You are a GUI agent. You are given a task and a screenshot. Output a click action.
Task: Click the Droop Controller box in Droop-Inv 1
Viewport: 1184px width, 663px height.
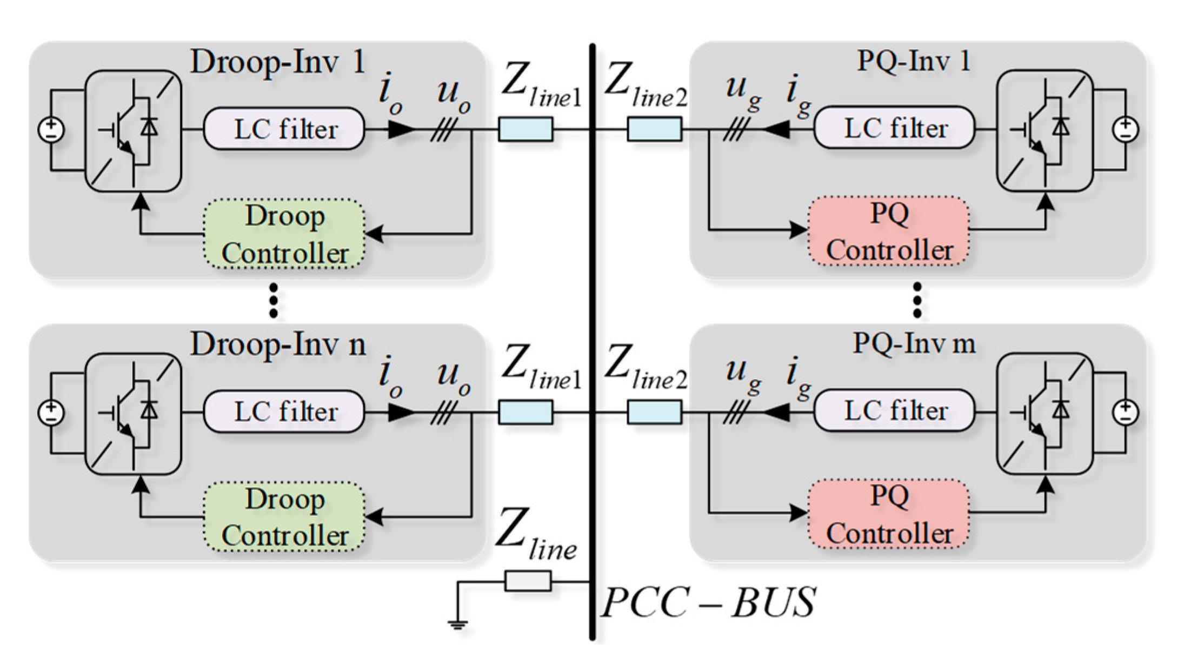coord(284,234)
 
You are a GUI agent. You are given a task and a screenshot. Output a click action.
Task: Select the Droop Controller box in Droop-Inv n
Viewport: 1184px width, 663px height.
coord(284,517)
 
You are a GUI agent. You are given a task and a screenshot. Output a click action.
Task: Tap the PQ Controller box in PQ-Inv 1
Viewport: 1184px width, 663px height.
coord(889,231)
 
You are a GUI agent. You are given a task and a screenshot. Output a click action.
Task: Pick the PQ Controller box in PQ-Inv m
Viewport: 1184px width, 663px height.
coord(889,514)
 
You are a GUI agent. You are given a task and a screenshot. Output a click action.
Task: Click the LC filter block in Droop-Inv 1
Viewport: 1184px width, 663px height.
coord(284,129)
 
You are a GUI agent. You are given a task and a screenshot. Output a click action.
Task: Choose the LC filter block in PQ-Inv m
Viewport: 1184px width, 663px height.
coord(895,411)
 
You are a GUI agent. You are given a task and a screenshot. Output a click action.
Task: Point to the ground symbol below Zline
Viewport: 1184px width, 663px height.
coord(457,625)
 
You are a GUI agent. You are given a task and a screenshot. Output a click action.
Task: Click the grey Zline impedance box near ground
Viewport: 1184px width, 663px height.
coord(528,581)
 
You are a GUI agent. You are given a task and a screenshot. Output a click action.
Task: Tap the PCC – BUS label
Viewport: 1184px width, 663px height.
coord(708,602)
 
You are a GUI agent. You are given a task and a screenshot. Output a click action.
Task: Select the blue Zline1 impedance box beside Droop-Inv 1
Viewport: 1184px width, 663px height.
coord(526,129)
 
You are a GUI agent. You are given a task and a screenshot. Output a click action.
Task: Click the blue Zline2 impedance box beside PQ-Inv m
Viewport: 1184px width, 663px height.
coord(654,412)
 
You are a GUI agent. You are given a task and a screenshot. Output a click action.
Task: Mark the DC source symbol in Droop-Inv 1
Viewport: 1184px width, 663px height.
coord(51,130)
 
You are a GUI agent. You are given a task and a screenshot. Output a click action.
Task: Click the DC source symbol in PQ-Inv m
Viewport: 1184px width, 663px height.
coord(1126,412)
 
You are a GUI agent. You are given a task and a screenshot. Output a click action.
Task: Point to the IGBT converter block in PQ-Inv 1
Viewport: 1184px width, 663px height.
coord(1045,130)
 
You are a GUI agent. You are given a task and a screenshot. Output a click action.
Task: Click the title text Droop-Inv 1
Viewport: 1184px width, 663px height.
coord(277,62)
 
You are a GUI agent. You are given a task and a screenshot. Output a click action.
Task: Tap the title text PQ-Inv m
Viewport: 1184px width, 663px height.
coord(914,343)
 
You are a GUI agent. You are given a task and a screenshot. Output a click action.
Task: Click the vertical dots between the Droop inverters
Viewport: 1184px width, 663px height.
coord(274,301)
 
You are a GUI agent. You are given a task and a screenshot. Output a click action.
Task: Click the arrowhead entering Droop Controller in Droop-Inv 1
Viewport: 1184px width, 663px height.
coord(374,234)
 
